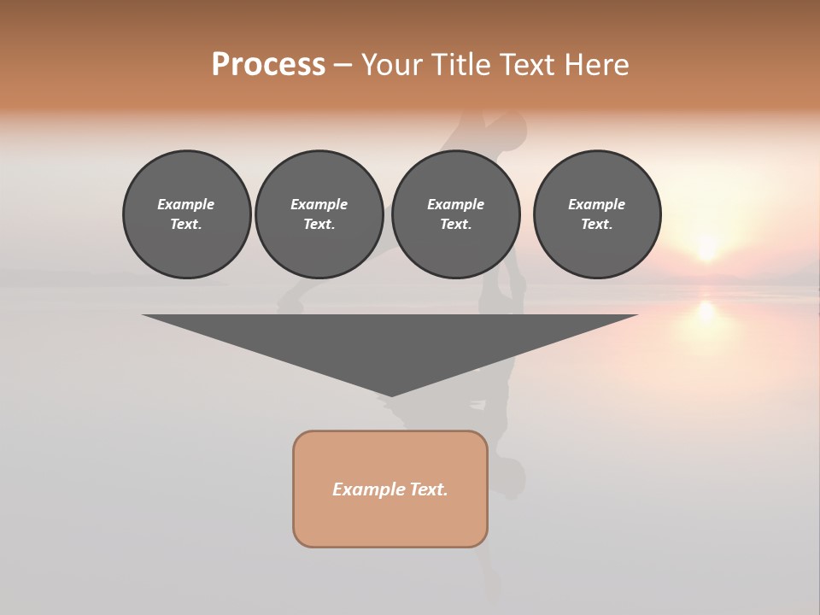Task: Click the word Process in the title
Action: (268, 65)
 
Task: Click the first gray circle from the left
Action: (186, 214)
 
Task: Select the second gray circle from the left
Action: (319, 214)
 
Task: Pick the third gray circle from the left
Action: (455, 214)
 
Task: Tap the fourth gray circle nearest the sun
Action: (596, 214)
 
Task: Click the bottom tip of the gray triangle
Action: (391, 395)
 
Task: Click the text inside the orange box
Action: (390, 489)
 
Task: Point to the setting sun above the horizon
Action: (706, 249)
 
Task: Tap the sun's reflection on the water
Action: (706, 312)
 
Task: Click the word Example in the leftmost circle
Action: (186, 204)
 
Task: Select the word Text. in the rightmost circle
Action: (596, 224)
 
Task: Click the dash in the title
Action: (343, 65)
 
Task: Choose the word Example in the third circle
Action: (455, 204)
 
